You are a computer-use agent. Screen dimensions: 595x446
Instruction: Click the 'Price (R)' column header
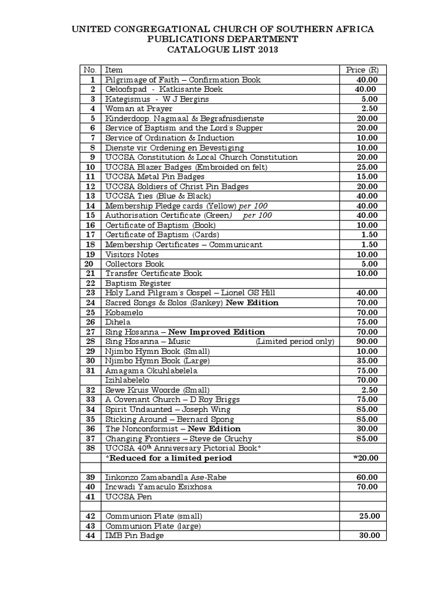[x=364, y=70]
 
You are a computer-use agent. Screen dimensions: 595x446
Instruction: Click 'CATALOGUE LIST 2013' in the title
[x=223, y=50]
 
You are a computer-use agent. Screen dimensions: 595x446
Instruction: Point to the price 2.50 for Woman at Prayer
[x=369, y=109]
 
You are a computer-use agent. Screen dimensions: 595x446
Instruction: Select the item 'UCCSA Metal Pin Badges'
[x=154, y=177]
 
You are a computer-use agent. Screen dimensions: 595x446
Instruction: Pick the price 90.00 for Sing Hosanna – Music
[x=367, y=341]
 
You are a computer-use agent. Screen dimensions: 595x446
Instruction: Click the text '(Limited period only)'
[x=295, y=341]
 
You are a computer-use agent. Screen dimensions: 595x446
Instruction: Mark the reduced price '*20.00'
[x=366, y=458]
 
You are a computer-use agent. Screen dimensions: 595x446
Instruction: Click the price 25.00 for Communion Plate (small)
[x=369, y=516]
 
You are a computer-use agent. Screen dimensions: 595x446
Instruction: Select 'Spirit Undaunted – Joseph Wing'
[x=168, y=409]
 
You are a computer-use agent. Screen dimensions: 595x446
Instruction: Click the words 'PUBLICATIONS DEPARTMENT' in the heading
[x=223, y=40]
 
